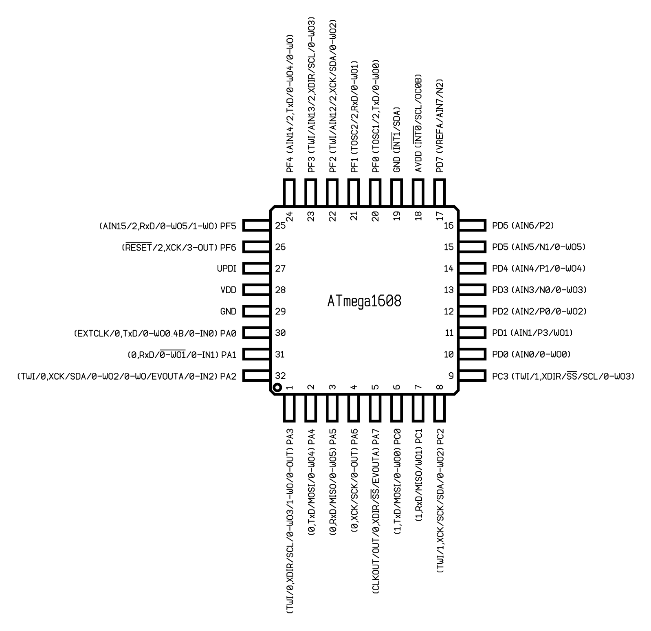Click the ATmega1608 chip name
click(364, 301)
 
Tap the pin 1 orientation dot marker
click(277, 387)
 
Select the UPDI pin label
click(227, 268)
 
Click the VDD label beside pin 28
click(228, 290)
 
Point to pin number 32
click(280, 376)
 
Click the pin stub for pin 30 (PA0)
click(257, 333)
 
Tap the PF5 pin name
click(228, 226)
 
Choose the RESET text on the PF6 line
click(139, 247)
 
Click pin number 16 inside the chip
click(449, 226)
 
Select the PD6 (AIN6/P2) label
click(523, 226)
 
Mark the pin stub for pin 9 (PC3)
click(473, 376)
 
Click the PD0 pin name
click(500, 354)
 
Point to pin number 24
click(290, 216)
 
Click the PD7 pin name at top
click(440, 165)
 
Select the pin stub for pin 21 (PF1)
click(354, 193)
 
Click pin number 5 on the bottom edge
click(375, 387)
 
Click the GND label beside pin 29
click(228, 312)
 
